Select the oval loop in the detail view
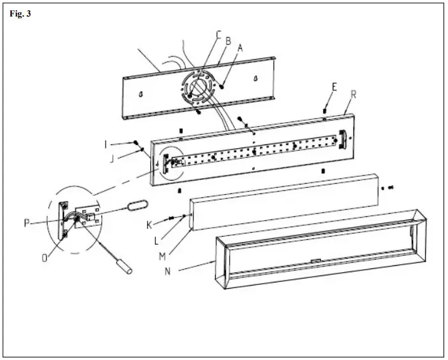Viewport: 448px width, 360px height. pyautogui.click(x=137, y=205)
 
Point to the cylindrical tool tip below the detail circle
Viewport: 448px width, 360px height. pyautogui.click(x=129, y=272)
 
